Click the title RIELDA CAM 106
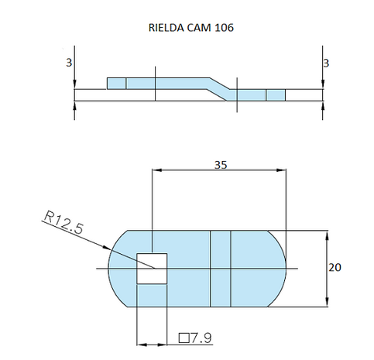tap(190, 28)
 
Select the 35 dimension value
tap(220, 164)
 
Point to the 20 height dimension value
tap(335, 267)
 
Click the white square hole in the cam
tap(152, 268)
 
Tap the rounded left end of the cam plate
tap(120, 268)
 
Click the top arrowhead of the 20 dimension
tap(328, 234)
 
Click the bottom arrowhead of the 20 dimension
tap(328, 302)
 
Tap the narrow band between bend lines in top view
tap(221, 268)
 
